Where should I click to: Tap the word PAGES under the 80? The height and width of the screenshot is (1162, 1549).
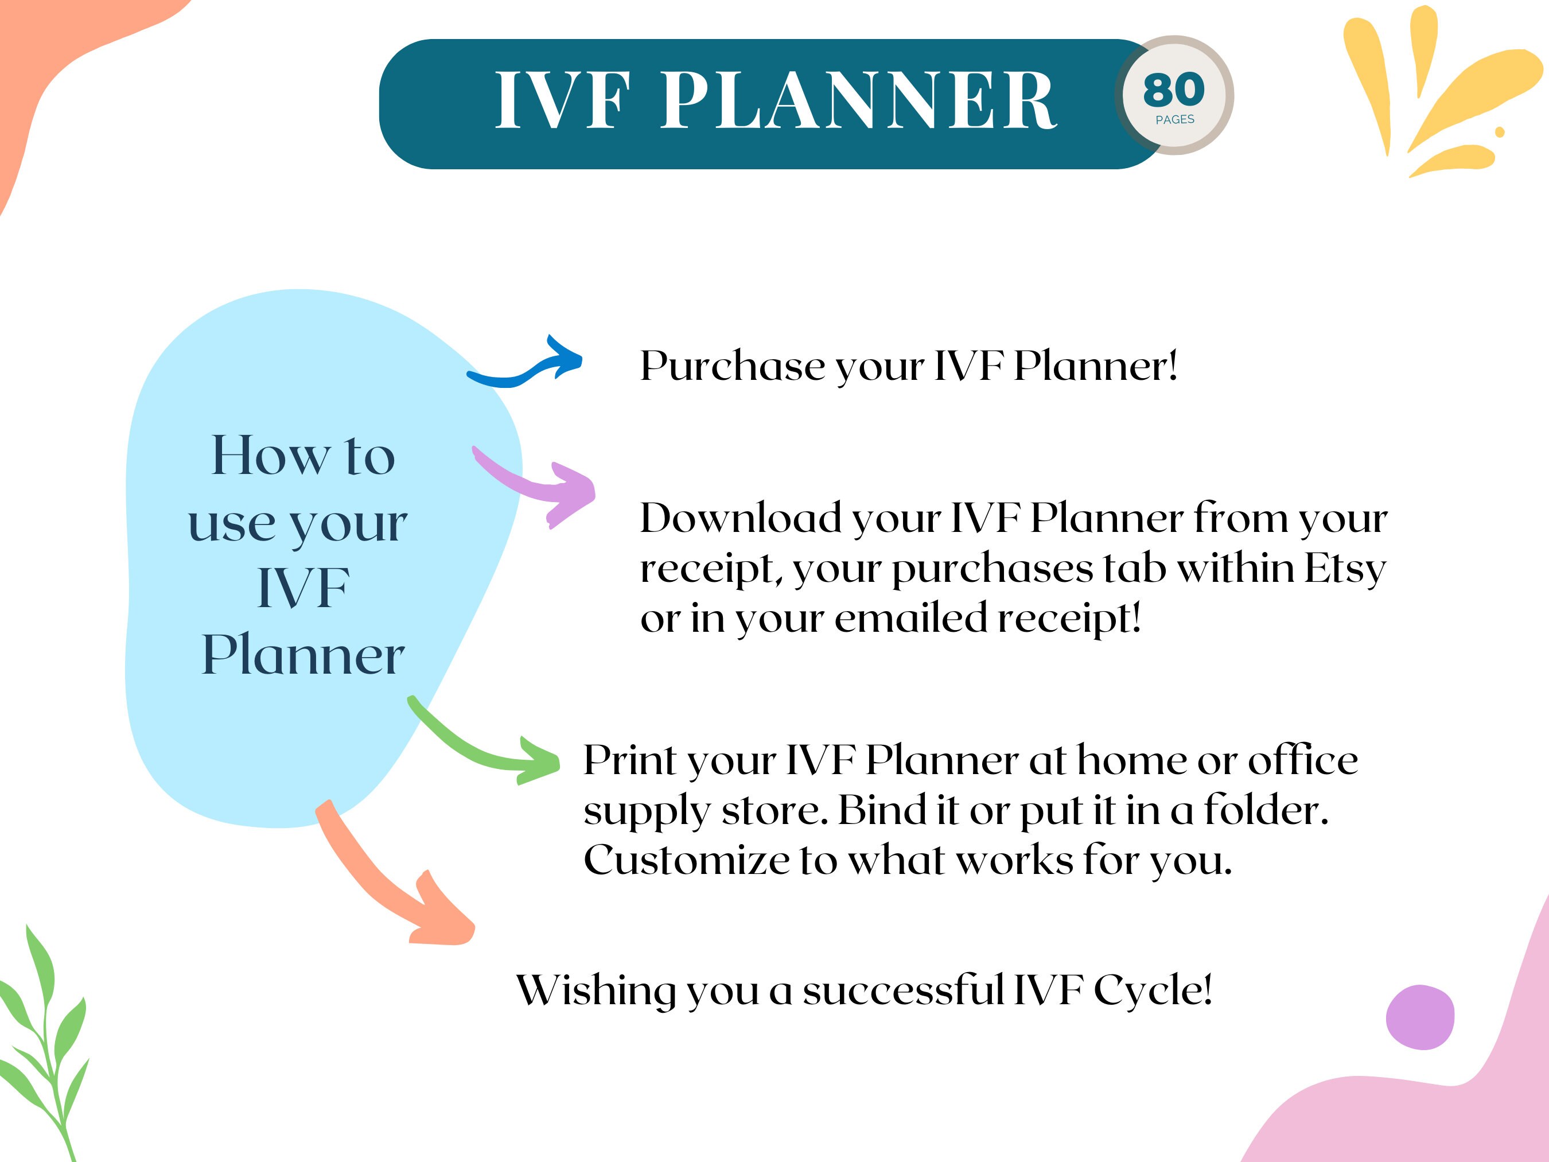[1175, 120]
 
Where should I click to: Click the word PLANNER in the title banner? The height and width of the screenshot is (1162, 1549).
[858, 102]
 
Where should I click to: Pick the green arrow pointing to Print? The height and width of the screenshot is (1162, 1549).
[490, 749]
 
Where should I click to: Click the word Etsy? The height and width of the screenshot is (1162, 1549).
[1345, 569]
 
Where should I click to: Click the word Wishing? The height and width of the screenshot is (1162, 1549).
[596, 991]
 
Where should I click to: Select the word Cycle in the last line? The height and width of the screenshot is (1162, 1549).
[1152, 990]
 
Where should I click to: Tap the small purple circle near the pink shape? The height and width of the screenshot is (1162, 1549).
[1420, 1017]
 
